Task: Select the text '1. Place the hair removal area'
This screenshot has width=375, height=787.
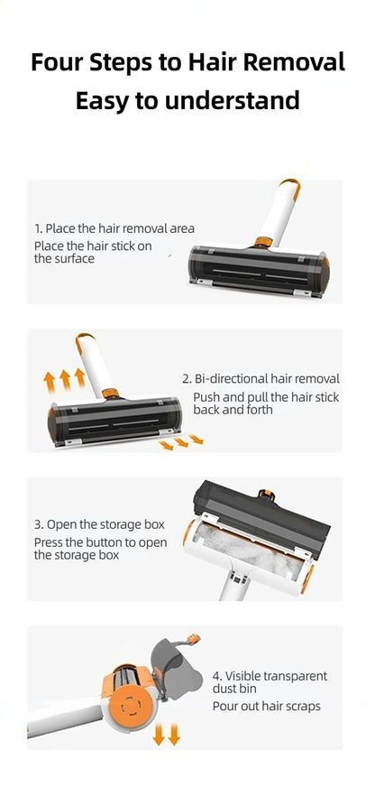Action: (x=114, y=228)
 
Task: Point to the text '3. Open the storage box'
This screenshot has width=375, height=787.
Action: (x=99, y=524)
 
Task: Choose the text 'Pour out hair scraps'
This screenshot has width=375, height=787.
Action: (x=267, y=706)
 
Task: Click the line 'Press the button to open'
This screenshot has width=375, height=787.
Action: (x=100, y=542)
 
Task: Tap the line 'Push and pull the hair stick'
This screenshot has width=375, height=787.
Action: (x=266, y=397)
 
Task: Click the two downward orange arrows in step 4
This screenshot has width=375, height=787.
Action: (x=166, y=734)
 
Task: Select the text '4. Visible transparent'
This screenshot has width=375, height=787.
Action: (x=270, y=675)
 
